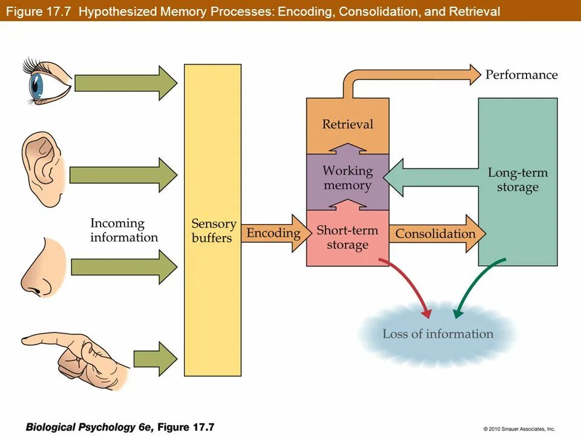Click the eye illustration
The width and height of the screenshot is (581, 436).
tap(47, 81)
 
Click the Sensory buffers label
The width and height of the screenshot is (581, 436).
tap(214, 230)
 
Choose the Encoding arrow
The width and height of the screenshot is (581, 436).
tap(277, 233)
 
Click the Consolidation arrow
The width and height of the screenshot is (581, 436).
tap(437, 234)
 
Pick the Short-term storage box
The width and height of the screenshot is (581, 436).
tap(347, 238)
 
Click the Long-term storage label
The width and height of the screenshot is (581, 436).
tap(517, 180)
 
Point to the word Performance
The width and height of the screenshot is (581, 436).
tap(521, 74)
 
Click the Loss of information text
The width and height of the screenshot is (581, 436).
tap(438, 334)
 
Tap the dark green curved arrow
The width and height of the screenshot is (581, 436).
tap(476, 283)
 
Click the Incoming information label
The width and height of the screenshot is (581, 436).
tap(123, 230)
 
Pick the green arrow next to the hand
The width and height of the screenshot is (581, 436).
tap(156, 358)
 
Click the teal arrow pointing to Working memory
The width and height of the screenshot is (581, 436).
tap(430, 177)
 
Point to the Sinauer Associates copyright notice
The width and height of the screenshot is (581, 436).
tap(519, 429)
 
